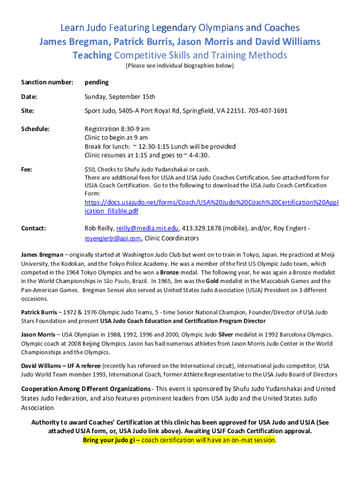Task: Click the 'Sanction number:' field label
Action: [x=47, y=82]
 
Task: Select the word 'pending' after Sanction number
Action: [x=96, y=82]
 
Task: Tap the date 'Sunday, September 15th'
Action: [x=120, y=97]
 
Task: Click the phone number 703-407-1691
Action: [x=268, y=111]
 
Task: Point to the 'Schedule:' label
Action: [x=36, y=129]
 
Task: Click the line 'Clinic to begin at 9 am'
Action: [x=116, y=138]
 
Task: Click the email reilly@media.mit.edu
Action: [x=147, y=228]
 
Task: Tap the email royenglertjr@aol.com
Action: [x=112, y=239]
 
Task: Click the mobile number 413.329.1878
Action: [x=202, y=228]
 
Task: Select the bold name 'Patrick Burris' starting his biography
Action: [x=41, y=312]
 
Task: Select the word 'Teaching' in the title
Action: [x=92, y=55]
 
